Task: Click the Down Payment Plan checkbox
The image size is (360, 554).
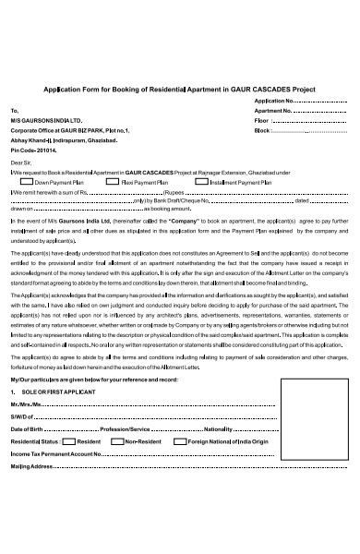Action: tap(27, 183)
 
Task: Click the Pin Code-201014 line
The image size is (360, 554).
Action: tap(34, 149)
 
